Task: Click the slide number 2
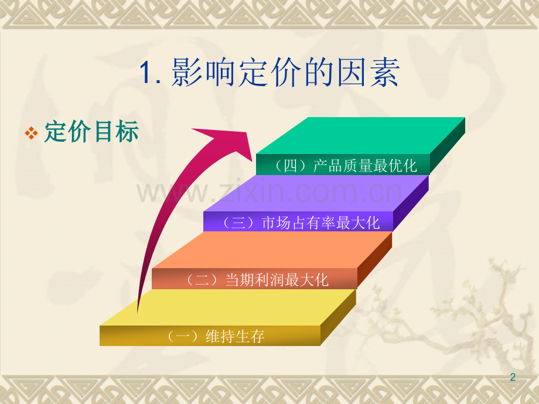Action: click(x=513, y=377)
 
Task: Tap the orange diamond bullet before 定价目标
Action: click(x=31, y=133)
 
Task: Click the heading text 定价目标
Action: click(x=91, y=131)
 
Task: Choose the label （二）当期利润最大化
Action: click(x=256, y=279)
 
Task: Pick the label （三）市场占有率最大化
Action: click(x=300, y=222)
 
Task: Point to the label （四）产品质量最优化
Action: click(x=345, y=166)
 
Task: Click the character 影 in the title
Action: click(x=186, y=72)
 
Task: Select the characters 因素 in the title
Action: click(x=367, y=72)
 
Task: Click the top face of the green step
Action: click(x=360, y=136)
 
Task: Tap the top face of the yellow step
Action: click(x=228, y=307)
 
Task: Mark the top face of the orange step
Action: click(x=272, y=250)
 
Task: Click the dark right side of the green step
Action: click(x=447, y=146)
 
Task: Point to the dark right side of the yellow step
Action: click(x=338, y=317)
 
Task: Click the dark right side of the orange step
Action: click(x=375, y=260)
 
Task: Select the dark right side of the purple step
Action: click(x=411, y=203)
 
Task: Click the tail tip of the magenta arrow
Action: click(x=138, y=312)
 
